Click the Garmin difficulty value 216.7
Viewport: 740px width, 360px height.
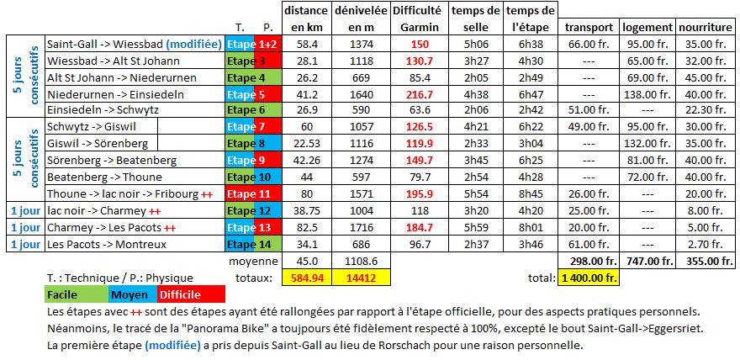click(x=418, y=94)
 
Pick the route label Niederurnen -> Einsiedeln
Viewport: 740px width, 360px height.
click(x=104, y=94)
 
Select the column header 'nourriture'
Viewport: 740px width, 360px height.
click(x=705, y=27)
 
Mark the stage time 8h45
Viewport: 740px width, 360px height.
click(x=531, y=193)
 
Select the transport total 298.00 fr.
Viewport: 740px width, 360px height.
click(x=589, y=261)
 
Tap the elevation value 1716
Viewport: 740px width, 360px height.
click(x=360, y=227)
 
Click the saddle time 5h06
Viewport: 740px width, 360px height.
click(x=476, y=44)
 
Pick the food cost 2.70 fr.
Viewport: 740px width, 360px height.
click(x=705, y=244)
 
